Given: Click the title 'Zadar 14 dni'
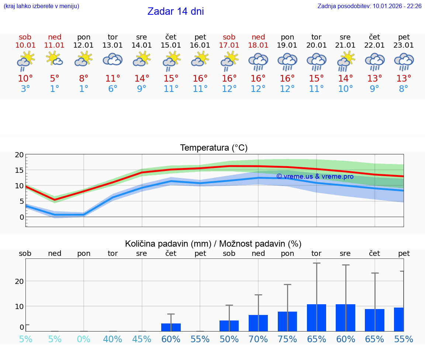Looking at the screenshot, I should pyautogui.click(x=176, y=11).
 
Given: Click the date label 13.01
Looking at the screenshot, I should pyautogui.click(x=113, y=45).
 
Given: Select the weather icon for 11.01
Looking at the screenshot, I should pyautogui.click(x=55, y=59).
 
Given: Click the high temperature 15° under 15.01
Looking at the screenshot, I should pyautogui.click(x=171, y=79).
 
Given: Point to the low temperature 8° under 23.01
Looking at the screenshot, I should pyautogui.click(x=404, y=89).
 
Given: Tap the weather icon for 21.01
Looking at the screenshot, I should pyautogui.click(x=345, y=61).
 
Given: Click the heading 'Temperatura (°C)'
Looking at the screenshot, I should pyautogui.click(x=214, y=148).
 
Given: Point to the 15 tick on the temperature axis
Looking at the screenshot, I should pyautogui.click(x=19, y=170).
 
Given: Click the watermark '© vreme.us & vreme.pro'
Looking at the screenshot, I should pyautogui.click(x=315, y=176).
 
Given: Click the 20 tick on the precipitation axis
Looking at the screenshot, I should pyautogui.click(x=19, y=281).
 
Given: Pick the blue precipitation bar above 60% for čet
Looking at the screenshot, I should pyautogui.click(x=171, y=327).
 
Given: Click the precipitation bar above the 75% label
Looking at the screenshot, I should pyautogui.click(x=287, y=321).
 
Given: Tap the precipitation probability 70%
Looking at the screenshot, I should pyautogui.click(x=258, y=339).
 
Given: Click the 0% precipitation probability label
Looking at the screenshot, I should pyautogui.click(x=84, y=339).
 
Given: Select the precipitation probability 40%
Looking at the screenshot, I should pyautogui.click(x=113, y=339).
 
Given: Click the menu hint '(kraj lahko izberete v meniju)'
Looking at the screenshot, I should pyautogui.click(x=41, y=6).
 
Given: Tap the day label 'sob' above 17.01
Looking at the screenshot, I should pyautogui.click(x=229, y=37).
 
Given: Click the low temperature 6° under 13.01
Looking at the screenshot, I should pyautogui.click(x=113, y=89).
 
